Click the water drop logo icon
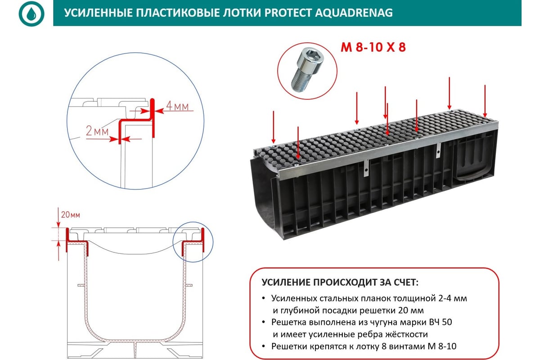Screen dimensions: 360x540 (31, 13)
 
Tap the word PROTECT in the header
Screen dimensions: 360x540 (289, 13)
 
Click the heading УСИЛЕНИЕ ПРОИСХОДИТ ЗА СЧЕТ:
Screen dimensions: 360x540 (340, 283)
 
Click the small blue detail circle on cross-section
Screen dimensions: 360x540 (193, 242)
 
